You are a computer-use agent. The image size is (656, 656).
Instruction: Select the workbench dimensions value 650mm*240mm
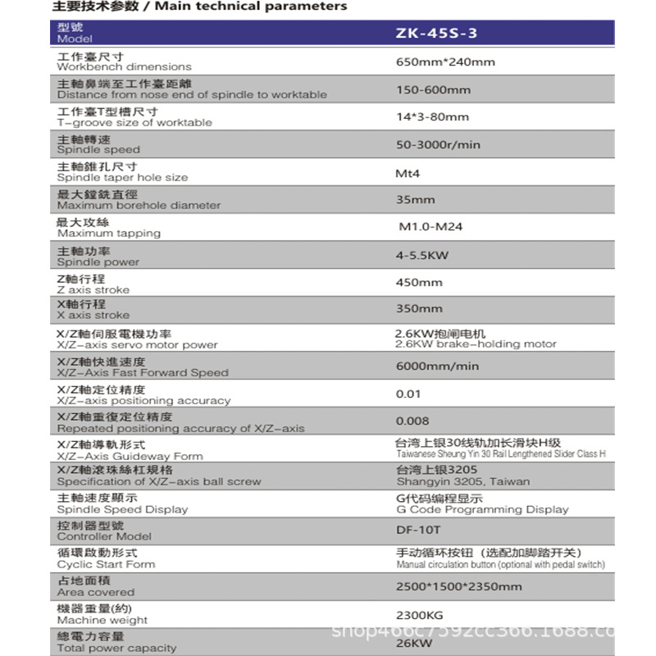pyautogui.click(x=445, y=61)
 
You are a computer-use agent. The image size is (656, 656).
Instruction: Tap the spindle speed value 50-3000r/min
pyautogui.click(x=438, y=144)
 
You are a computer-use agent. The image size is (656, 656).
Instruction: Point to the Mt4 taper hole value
pyautogui.click(x=408, y=173)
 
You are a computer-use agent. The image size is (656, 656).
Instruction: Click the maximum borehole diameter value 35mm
pyautogui.click(x=416, y=199)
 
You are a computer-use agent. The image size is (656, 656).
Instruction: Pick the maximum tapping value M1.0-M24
pyautogui.click(x=430, y=226)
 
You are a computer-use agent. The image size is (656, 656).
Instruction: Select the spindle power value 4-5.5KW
pyautogui.click(x=422, y=255)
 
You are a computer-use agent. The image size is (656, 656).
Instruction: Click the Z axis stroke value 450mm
pyautogui.click(x=419, y=282)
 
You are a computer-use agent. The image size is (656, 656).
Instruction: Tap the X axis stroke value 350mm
pyautogui.click(x=419, y=308)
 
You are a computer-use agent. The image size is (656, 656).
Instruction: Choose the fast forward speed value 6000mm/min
pyautogui.click(x=437, y=366)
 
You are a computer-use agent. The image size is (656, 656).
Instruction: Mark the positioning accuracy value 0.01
pyautogui.click(x=408, y=394)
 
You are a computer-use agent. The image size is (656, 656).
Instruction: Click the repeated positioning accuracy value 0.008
pyautogui.click(x=412, y=421)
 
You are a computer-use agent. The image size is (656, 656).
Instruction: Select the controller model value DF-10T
pyautogui.click(x=418, y=530)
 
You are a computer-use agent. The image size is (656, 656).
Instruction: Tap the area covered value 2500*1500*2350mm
pyautogui.click(x=458, y=586)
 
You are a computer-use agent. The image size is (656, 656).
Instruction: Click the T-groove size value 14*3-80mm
pyautogui.click(x=432, y=116)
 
